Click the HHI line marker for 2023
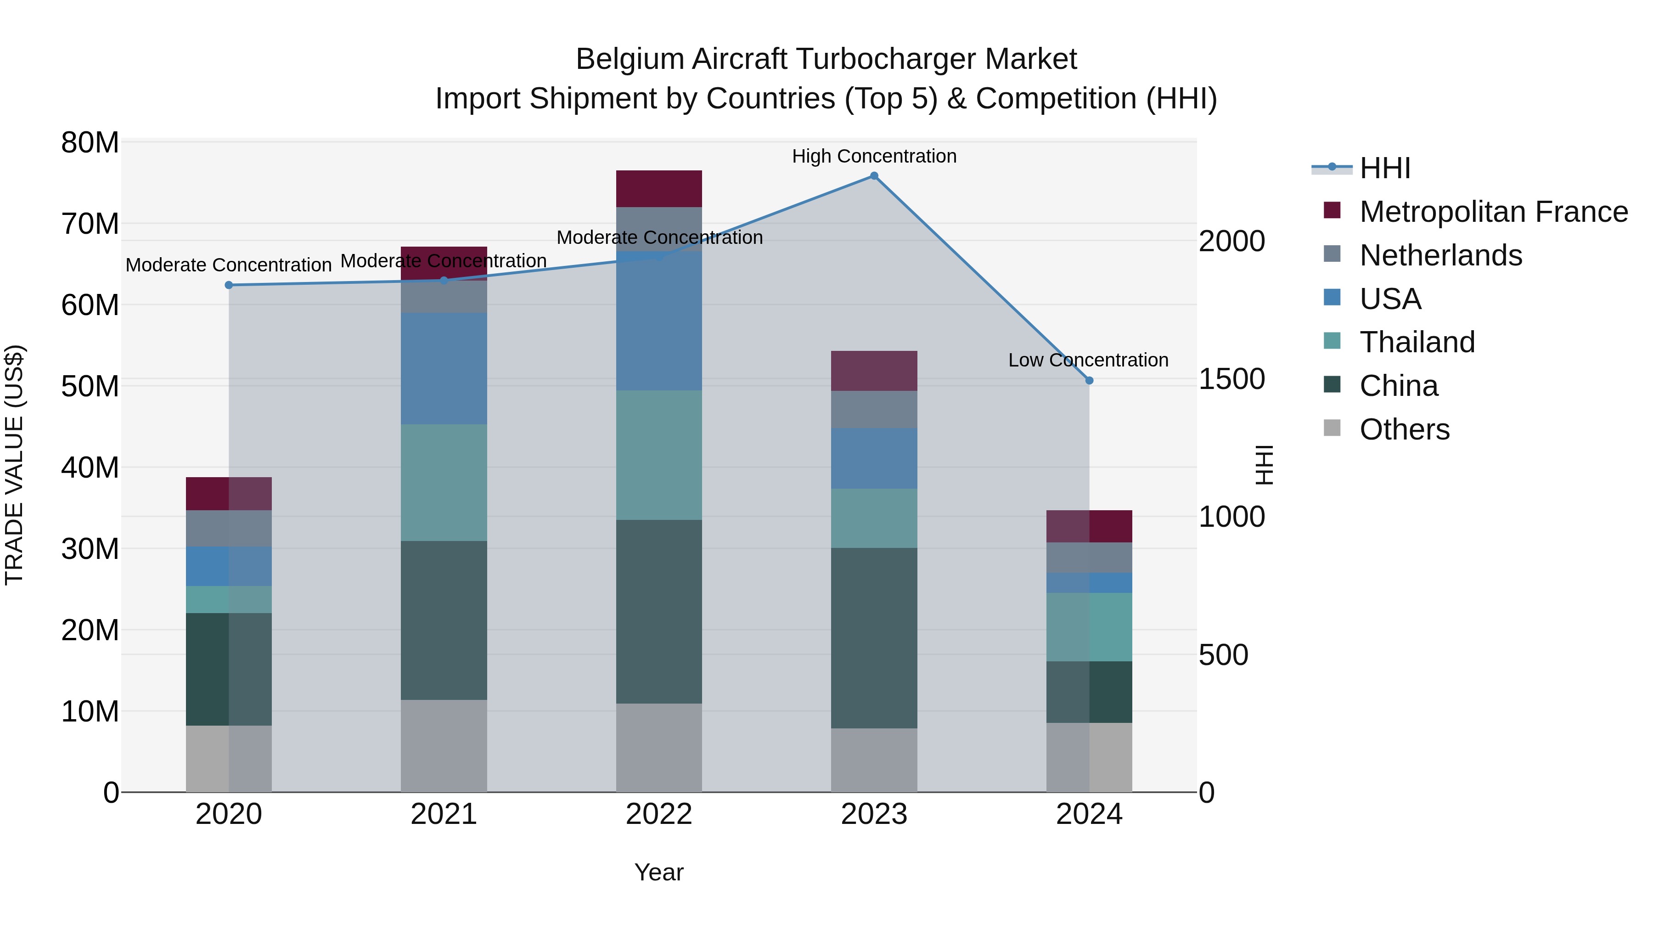coord(874,176)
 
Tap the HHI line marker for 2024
coord(1089,381)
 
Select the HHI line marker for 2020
coord(229,285)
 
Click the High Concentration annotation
coord(874,156)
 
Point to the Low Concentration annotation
coord(1088,360)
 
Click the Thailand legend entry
coord(1417,342)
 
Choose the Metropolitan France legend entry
coord(1493,212)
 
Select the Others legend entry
coord(1404,429)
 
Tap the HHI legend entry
coord(1385,168)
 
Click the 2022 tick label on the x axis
coord(659,814)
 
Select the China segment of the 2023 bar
coord(874,637)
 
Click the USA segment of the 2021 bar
coord(444,368)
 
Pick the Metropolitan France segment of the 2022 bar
coord(659,189)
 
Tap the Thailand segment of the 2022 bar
coord(659,455)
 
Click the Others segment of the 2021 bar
coord(444,746)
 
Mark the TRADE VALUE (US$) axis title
coord(14,465)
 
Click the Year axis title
coord(659,872)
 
